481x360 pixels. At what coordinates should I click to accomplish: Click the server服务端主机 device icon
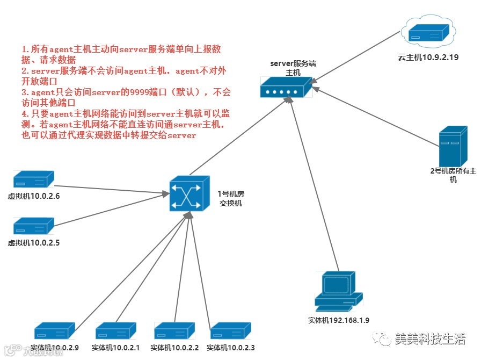click(286, 87)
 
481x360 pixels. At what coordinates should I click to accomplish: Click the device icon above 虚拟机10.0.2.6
click(33, 179)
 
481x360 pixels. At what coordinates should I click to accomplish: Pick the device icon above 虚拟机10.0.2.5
click(33, 226)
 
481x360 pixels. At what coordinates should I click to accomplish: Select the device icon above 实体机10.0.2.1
click(116, 330)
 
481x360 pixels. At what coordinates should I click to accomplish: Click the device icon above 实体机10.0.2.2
click(175, 330)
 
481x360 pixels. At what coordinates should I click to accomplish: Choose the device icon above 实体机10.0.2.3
click(231, 330)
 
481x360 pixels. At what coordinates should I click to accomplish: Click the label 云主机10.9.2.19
click(428, 57)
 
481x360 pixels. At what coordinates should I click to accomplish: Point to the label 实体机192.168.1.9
click(338, 321)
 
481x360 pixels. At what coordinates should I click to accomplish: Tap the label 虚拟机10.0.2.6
click(33, 196)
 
